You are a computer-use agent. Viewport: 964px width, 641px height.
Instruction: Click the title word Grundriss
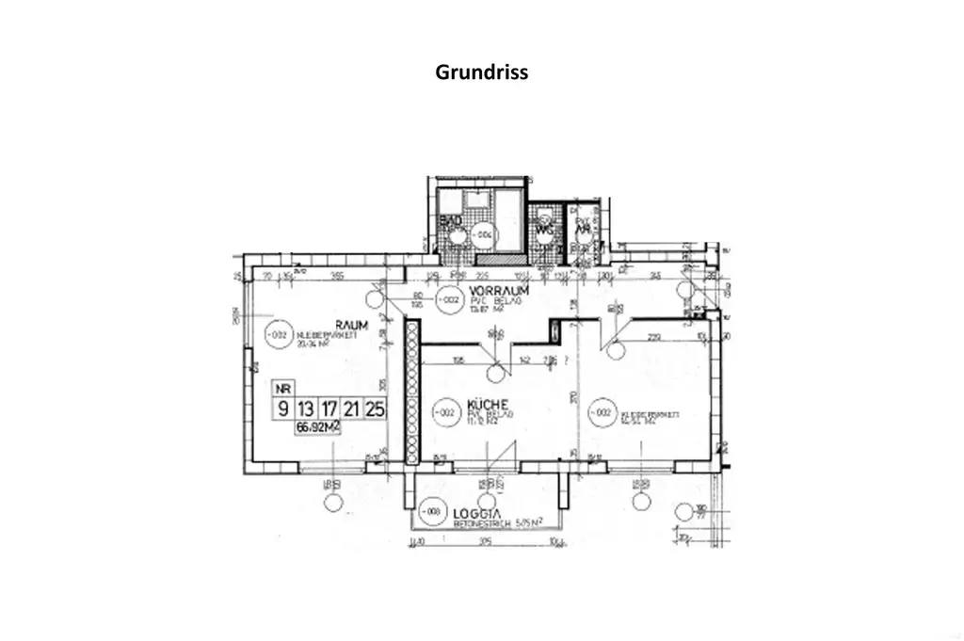click(x=481, y=72)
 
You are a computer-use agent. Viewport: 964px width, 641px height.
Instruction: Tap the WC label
click(x=543, y=229)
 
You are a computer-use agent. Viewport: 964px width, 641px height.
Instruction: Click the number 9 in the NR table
click(x=281, y=409)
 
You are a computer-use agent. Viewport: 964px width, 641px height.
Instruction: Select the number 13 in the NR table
click(x=305, y=409)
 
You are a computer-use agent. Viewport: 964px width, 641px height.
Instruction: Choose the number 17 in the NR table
click(x=329, y=409)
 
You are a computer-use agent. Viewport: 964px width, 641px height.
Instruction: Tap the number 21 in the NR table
click(x=351, y=409)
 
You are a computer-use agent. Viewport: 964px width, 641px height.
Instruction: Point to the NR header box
click(x=281, y=387)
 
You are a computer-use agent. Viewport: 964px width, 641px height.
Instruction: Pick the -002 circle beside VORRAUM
click(x=449, y=300)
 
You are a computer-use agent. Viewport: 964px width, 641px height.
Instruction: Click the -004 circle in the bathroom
click(x=483, y=232)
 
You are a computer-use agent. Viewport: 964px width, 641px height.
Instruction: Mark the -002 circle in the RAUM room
click(x=276, y=333)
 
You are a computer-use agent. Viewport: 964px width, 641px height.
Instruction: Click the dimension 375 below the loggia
click(x=485, y=540)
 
